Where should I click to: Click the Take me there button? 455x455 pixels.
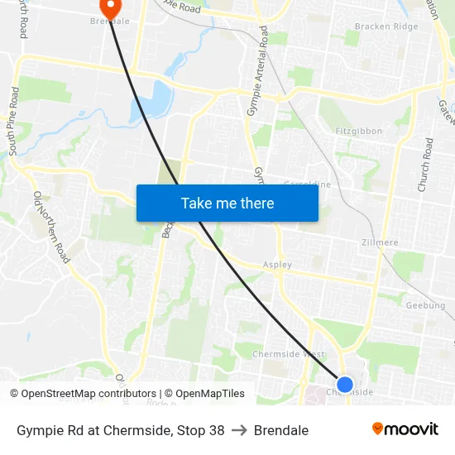click(227, 203)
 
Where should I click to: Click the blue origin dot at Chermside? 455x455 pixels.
click(345, 384)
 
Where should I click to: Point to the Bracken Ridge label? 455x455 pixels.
click(386, 26)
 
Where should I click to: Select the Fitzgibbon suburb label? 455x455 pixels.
click(360, 132)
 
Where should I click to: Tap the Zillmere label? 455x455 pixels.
click(380, 242)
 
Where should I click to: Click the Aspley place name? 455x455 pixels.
click(277, 265)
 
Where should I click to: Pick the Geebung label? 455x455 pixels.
click(426, 305)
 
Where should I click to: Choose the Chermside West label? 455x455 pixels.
click(289, 354)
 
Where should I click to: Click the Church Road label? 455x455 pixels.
click(424, 165)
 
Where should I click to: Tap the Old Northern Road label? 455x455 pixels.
click(50, 226)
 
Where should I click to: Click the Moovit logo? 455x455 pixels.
click(405, 429)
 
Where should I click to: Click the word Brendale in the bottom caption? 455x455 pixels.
click(281, 430)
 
